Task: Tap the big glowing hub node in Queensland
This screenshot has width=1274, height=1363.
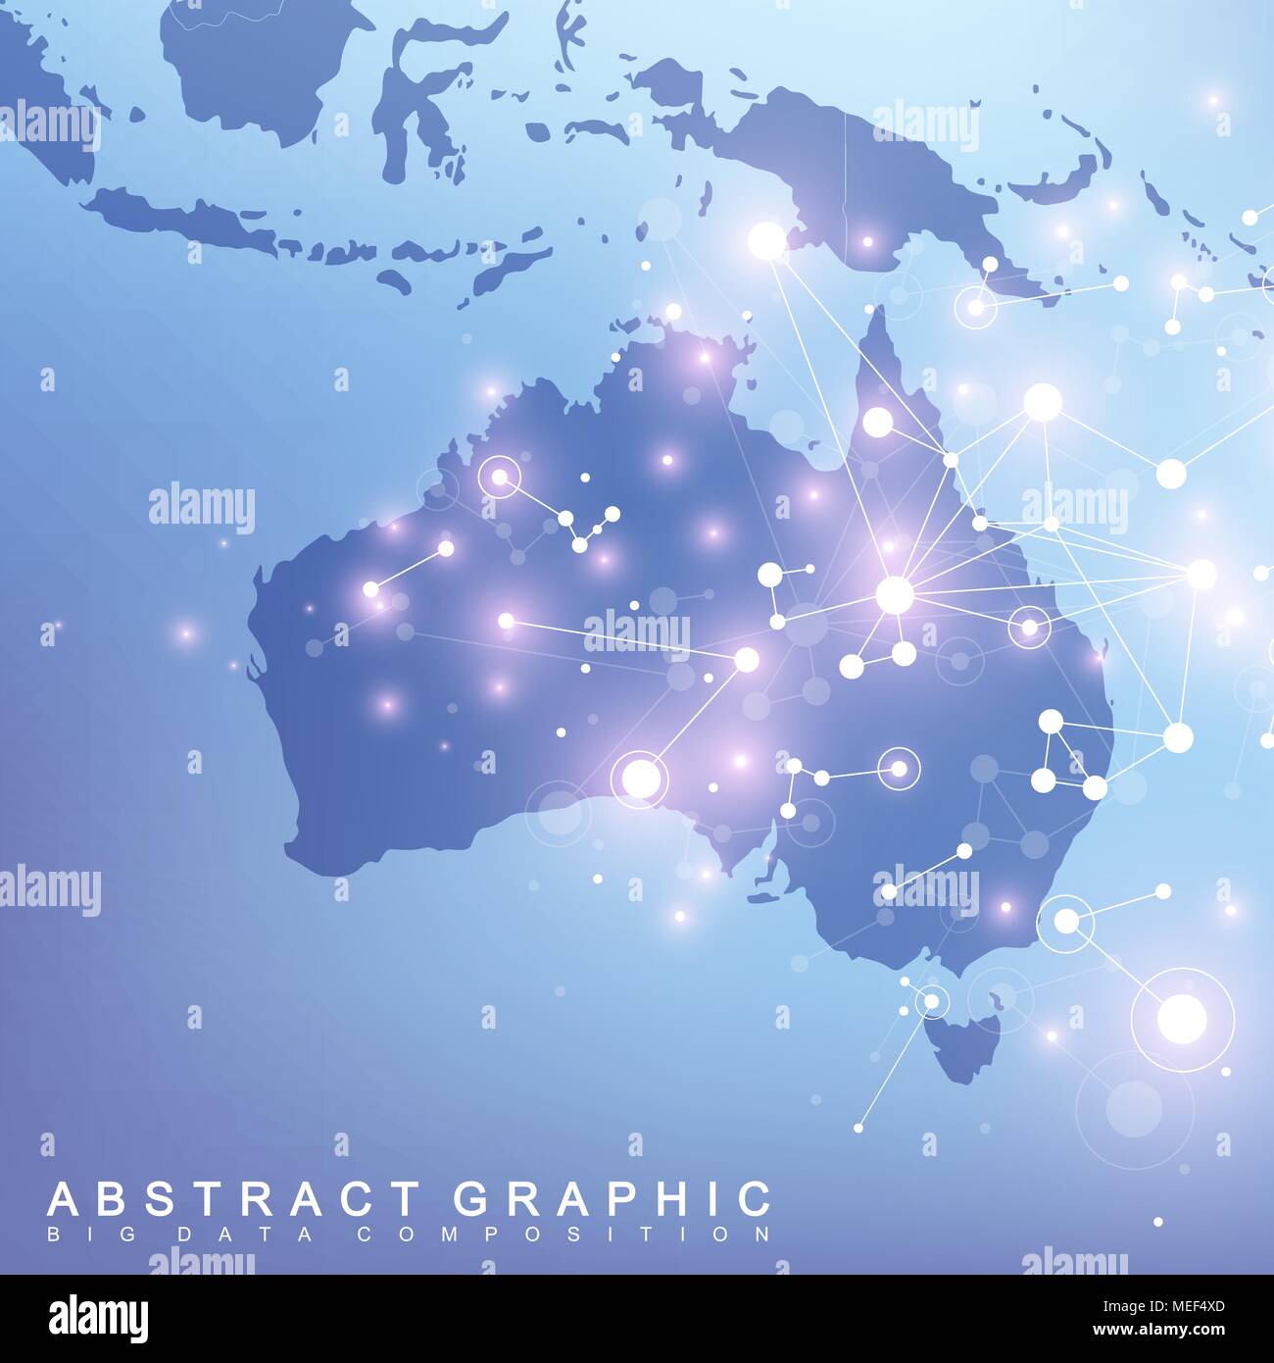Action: (893, 594)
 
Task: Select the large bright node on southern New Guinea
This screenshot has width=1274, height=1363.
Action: (767, 238)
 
